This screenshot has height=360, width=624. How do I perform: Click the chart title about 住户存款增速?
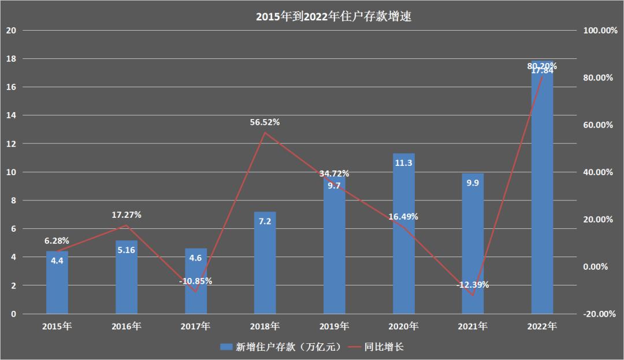tap(333, 17)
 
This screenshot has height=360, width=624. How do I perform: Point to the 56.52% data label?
tap(265, 122)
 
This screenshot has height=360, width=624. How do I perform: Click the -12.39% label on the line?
tap(473, 284)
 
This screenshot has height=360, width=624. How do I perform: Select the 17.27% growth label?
tap(126, 214)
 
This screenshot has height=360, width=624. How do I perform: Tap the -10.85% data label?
tap(195, 281)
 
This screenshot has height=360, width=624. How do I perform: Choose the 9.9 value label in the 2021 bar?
tap(473, 184)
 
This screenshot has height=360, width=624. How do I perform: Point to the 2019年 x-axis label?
tap(334, 326)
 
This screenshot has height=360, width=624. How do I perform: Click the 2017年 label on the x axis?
tap(195, 326)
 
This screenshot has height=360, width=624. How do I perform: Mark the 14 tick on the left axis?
tap(11, 116)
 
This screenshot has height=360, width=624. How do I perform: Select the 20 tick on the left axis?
tap(11, 31)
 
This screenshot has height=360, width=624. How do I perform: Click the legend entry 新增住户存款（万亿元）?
tap(283, 347)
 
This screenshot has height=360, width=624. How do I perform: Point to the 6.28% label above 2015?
tap(57, 240)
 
